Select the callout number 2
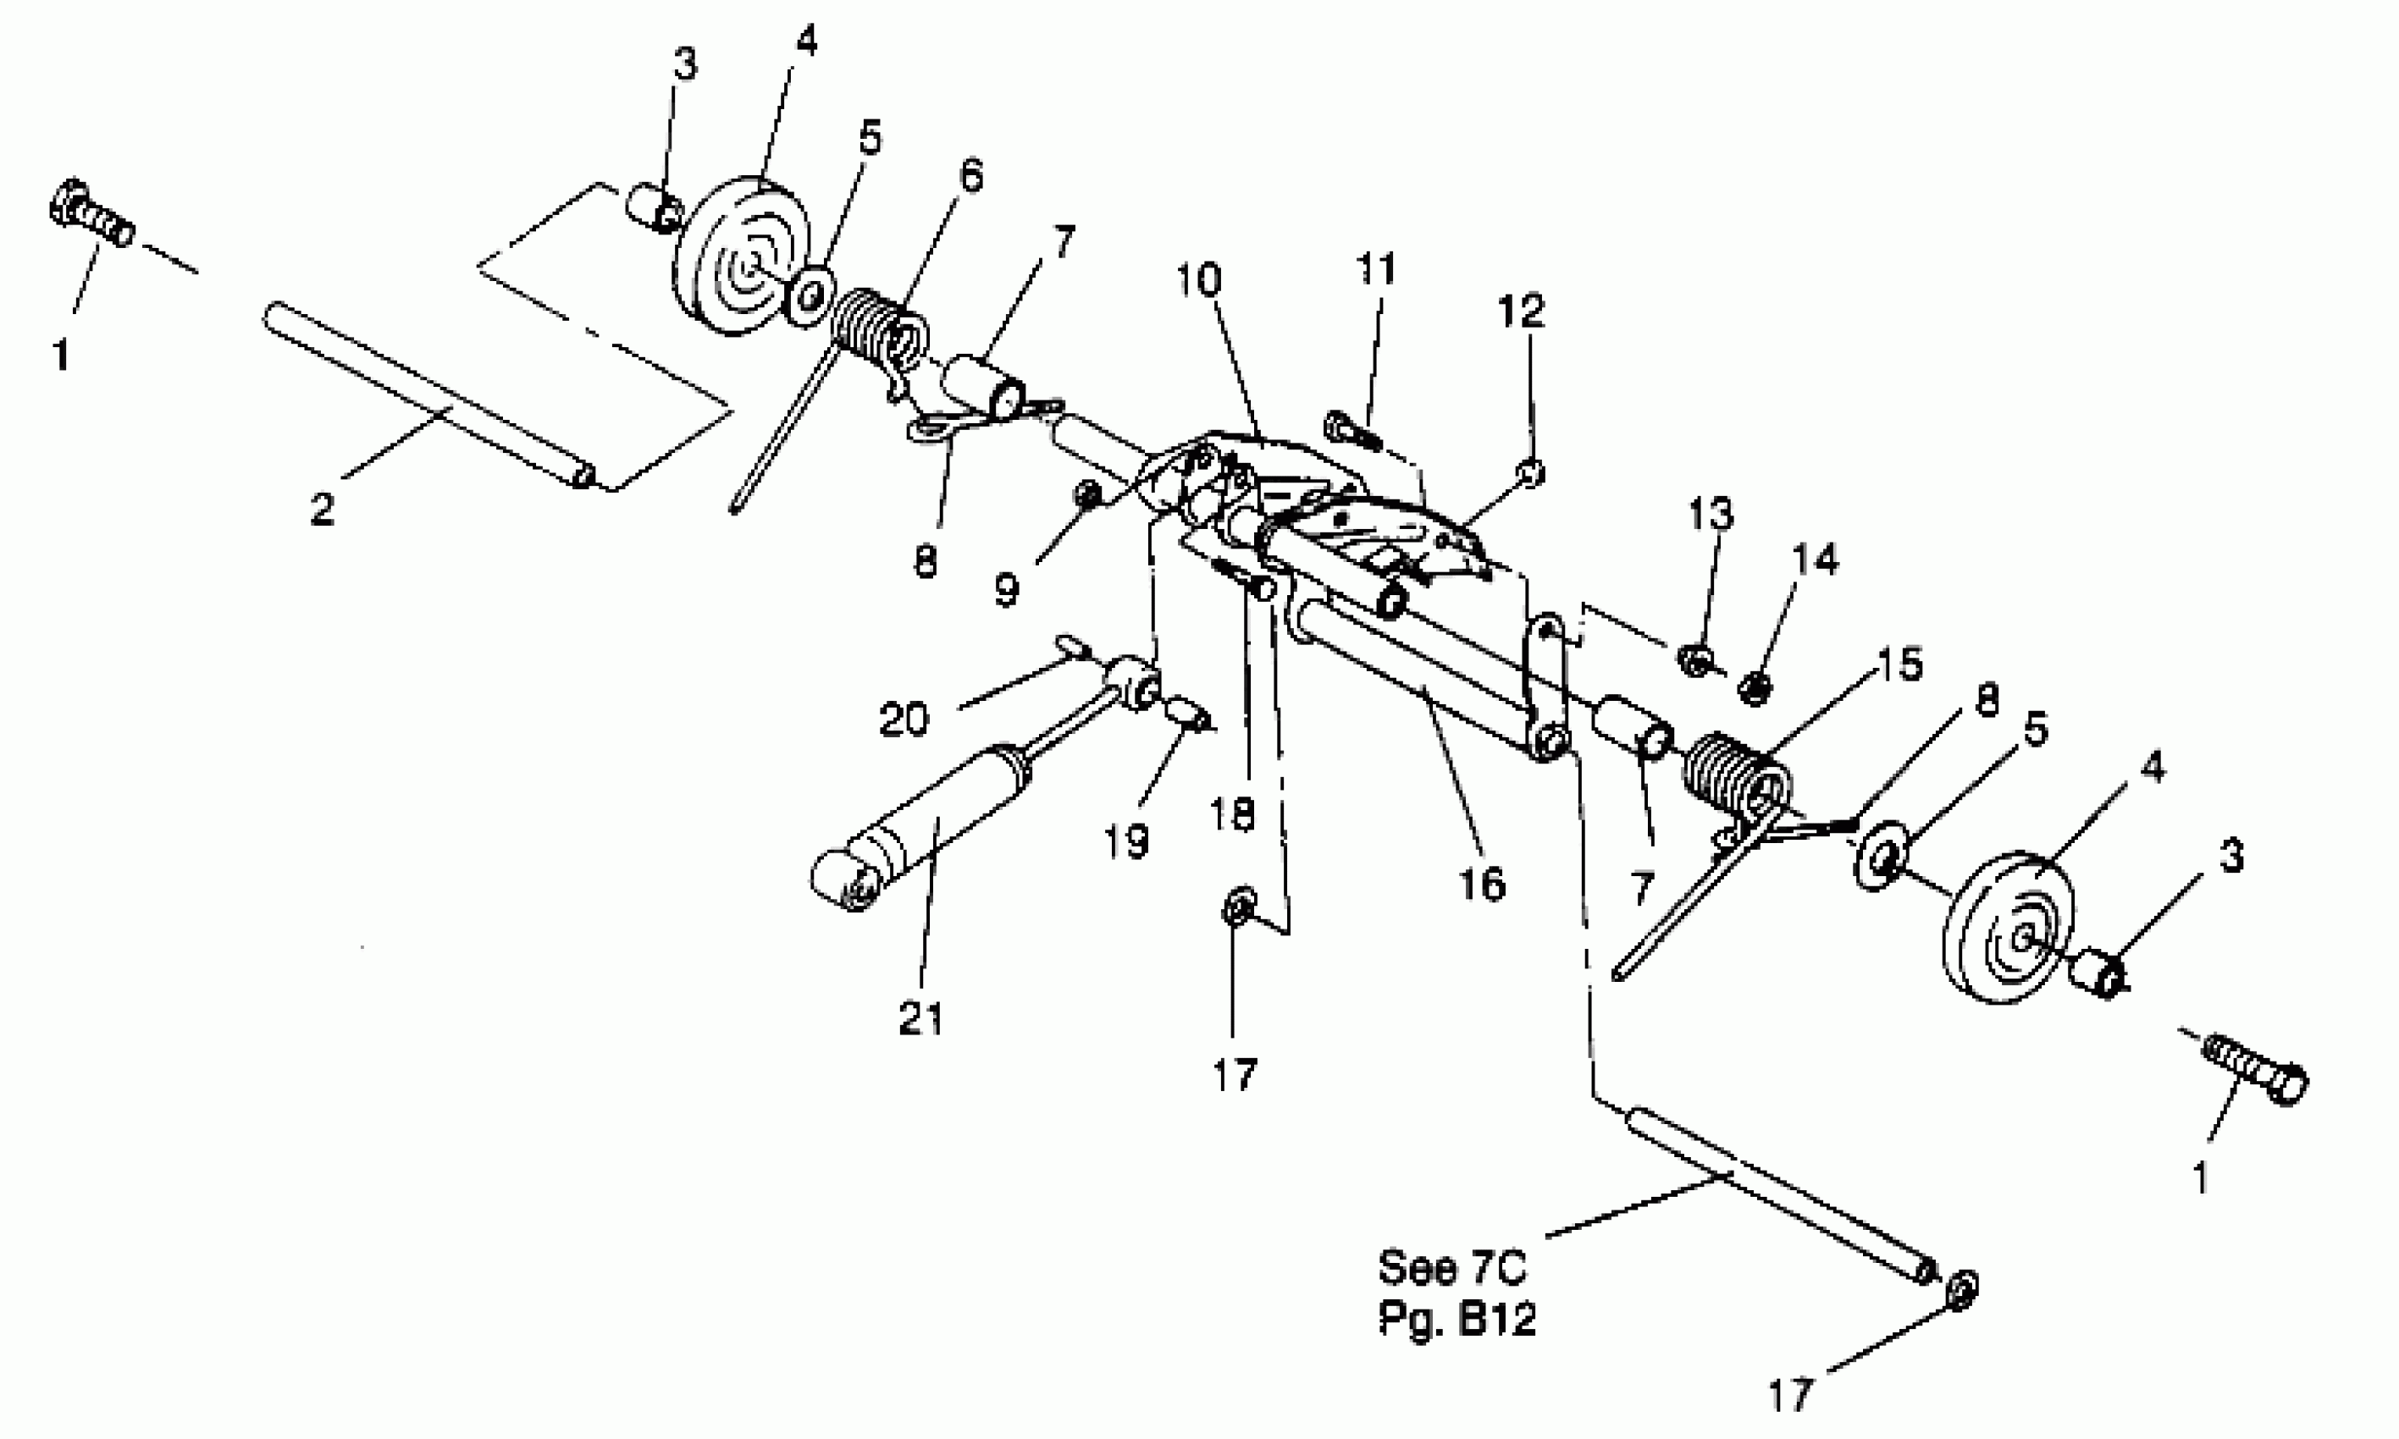[322, 508]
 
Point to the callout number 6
[970, 176]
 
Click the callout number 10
[1198, 280]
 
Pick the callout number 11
[1374, 268]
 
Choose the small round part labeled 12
[1532, 472]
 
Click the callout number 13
[1711, 513]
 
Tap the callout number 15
[1899, 664]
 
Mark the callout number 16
[1481, 884]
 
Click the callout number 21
[920, 1018]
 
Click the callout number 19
[1126, 841]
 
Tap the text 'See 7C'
[1452, 1267]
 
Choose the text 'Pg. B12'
[1457, 1320]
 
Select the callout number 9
[1006, 588]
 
